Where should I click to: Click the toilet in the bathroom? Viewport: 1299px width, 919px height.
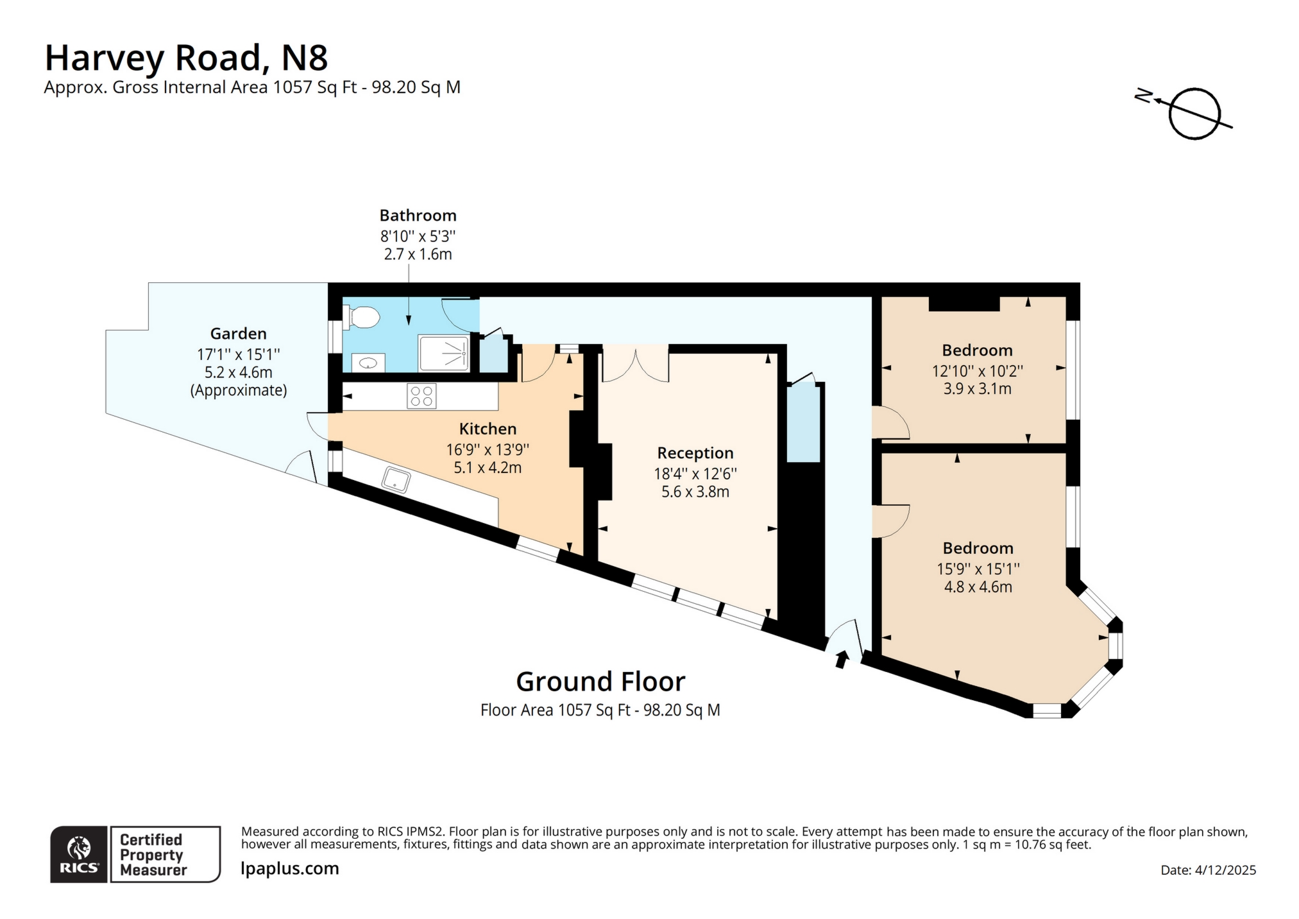pos(362,317)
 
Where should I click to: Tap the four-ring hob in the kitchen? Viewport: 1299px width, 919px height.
pos(421,395)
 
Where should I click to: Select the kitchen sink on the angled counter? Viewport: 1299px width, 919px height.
pos(396,479)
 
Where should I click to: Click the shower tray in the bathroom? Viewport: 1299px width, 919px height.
pos(444,353)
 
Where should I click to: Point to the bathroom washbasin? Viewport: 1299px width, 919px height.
pos(368,363)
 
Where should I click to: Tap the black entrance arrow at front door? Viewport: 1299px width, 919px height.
pos(841,659)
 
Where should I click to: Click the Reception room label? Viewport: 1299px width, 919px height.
pos(695,453)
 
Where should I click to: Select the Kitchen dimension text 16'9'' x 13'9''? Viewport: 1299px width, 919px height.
pos(488,450)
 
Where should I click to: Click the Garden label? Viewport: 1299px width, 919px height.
pos(238,334)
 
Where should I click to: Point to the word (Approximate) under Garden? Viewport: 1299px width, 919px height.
pos(238,390)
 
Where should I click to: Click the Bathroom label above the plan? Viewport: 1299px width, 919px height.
pos(418,216)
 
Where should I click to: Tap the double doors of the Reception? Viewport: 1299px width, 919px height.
pos(635,365)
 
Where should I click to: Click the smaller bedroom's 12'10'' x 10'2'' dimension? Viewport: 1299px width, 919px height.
pos(977,371)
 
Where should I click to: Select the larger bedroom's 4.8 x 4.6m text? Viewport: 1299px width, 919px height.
pos(978,587)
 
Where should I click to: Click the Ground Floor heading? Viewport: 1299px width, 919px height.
pos(600,682)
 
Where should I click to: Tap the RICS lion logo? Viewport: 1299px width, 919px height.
pos(79,848)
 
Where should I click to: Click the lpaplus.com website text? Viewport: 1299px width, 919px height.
pos(290,869)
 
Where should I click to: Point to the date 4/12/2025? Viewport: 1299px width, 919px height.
pos(1225,871)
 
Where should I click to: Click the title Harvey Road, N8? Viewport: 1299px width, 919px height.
pos(186,58)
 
